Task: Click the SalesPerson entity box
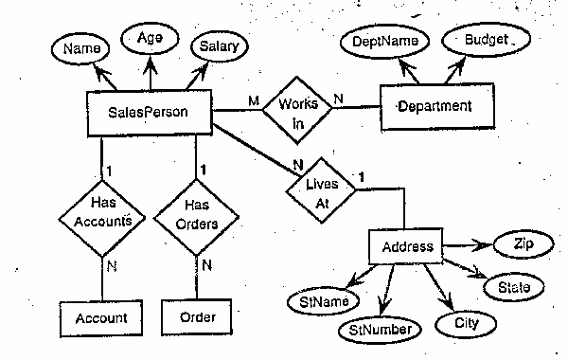pos(149,113)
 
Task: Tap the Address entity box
pos(406,247)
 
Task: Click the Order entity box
pos(197,317)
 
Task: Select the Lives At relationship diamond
pos(321,186)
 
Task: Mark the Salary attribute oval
pos(219,45)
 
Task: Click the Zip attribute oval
pos(521,244)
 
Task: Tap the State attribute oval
pos(514,285)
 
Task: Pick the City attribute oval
pos(465,322)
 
